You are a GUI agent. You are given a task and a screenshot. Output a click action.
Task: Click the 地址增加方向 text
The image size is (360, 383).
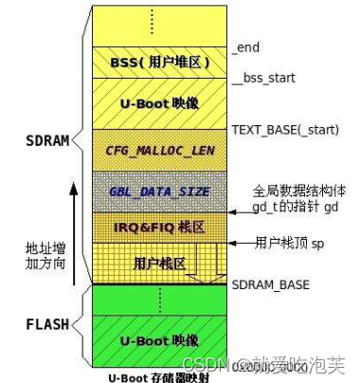point(44,256)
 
